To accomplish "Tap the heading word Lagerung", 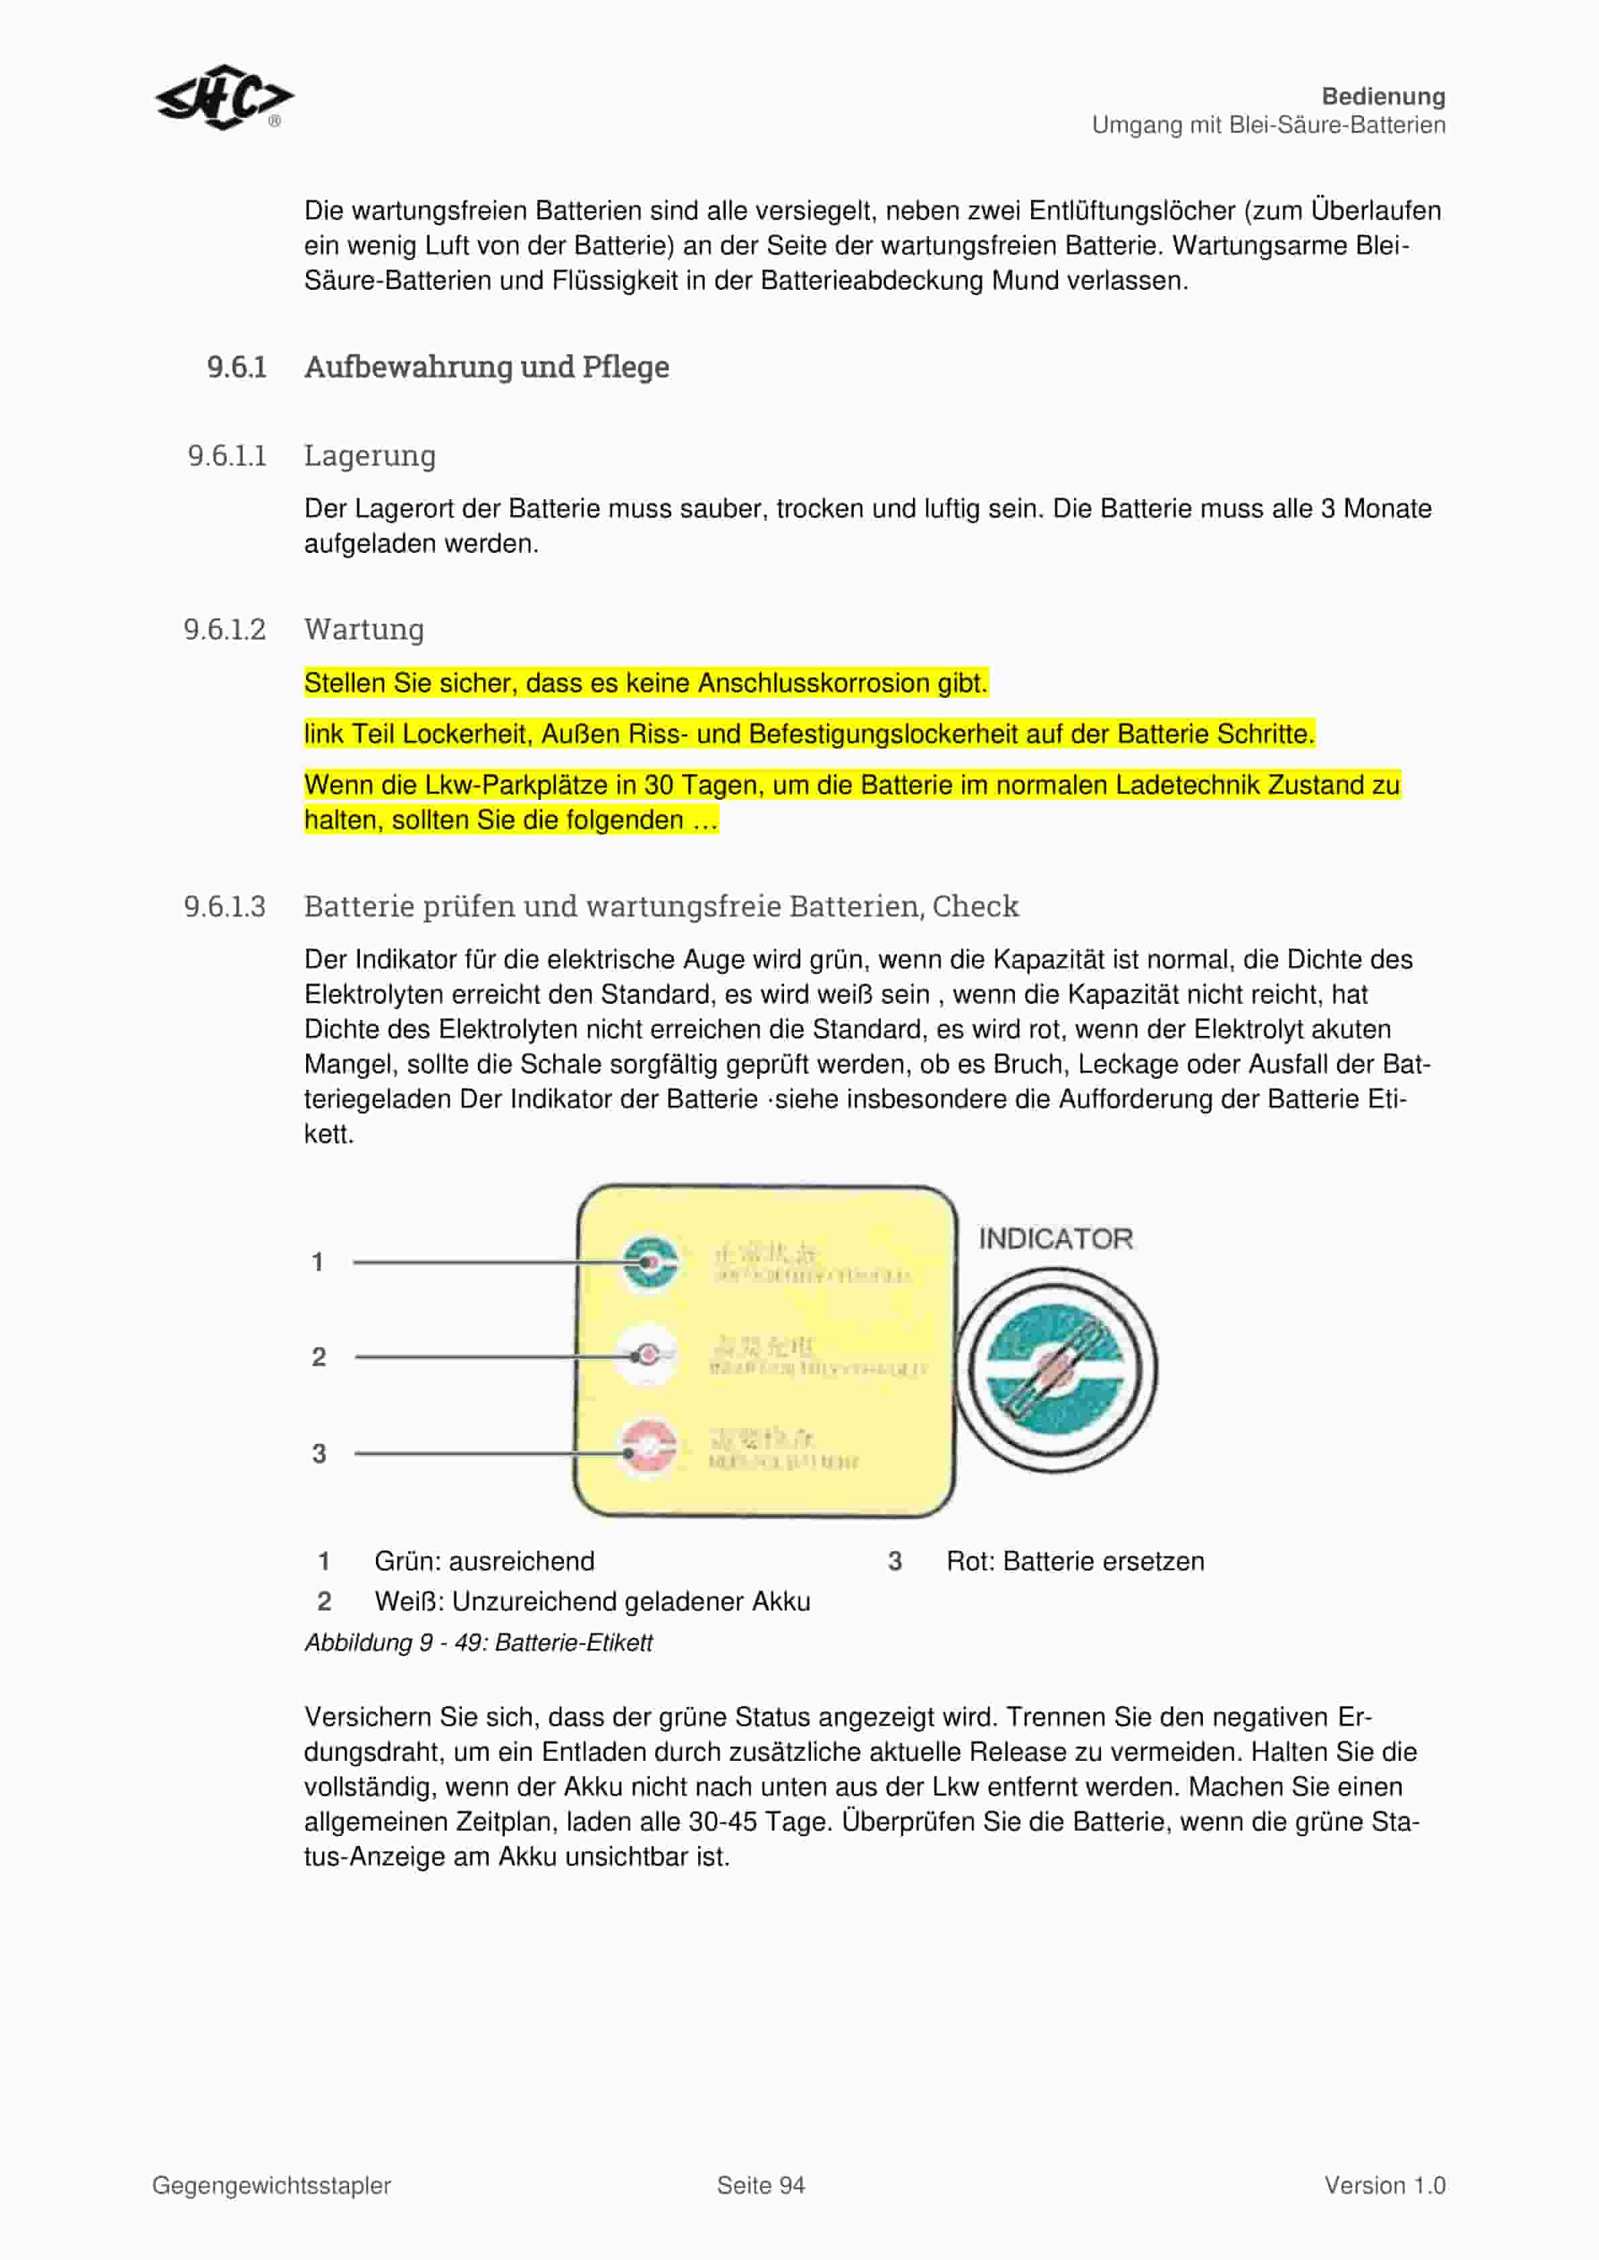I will pyautogui.click(x=369, y=456).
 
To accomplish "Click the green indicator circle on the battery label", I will pyautogui.click(x=649, y=1262).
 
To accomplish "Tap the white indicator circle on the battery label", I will pyautogui.click(x=648, y=1355).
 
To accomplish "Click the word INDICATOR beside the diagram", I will pyautogui.click(x=1055, y=1238).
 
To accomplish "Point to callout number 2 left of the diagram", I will pyautogui.click(x=319, y=1357).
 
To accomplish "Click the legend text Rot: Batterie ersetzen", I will pyautogui.click(x=1075, y=1561).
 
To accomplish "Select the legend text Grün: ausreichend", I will pyautogui.click(x=485, y=1561).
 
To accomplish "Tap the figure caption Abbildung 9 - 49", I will pyautogui.click(x=479, y=1643).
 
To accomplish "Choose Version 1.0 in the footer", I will pyautogui.click(x=1384, y=2186).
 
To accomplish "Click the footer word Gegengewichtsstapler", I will pyautogui.click(x=272, y=2186).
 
